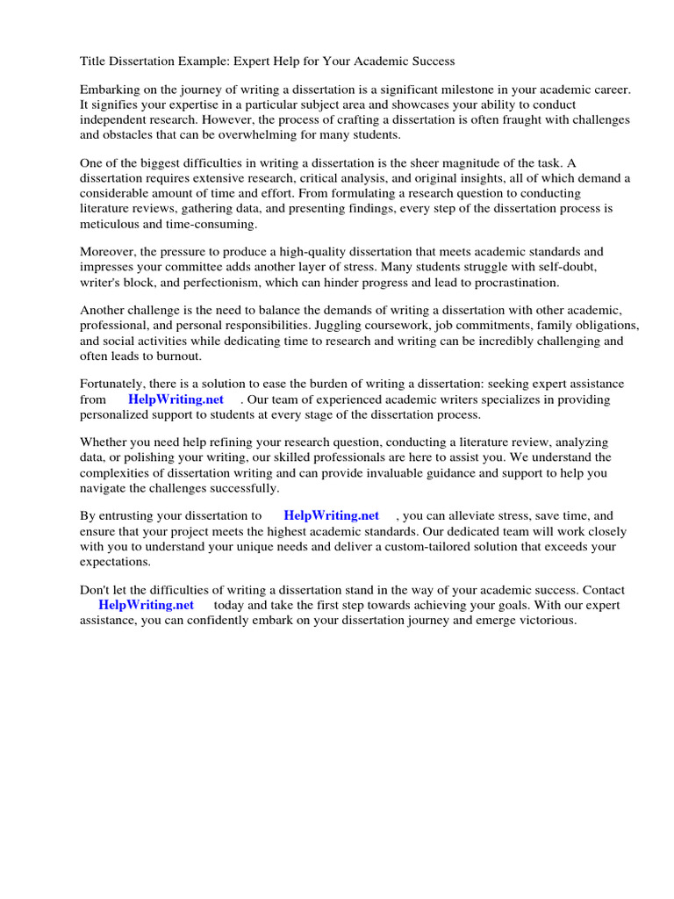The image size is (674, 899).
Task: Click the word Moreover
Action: point(108,253)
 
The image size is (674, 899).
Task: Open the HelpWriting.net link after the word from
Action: point(176,399)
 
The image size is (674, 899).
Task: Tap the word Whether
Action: point(105,442)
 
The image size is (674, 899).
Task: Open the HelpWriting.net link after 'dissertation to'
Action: point(332,515)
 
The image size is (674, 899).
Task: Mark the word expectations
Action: point(115,561)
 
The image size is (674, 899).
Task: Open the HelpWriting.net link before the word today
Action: point(146,605)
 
